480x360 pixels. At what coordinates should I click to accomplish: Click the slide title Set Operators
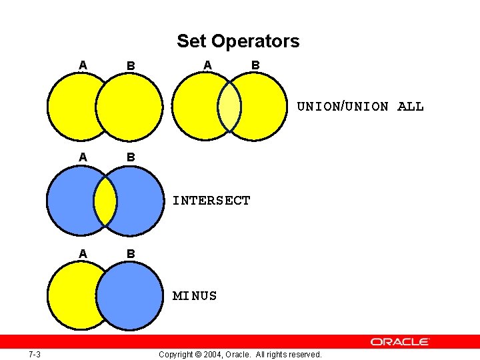coord(238,41)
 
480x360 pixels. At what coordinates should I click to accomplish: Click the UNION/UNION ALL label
coord(360,107)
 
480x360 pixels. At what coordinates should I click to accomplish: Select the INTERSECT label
coord(211,201)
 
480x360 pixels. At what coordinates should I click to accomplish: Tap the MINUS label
coord(195,295)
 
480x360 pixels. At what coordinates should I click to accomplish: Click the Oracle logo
coord(400,341)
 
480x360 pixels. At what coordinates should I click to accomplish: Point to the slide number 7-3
coord(35,354)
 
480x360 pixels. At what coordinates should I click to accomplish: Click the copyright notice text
coord(240,354)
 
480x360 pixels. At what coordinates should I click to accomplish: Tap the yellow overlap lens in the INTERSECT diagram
coord(105,201)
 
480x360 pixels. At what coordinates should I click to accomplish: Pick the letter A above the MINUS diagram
coord(82,253)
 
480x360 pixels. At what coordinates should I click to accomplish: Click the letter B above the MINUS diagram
coord(131,254)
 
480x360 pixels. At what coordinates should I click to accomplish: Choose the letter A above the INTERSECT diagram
coord(82,157)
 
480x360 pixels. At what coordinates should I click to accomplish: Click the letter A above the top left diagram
coord(82,65)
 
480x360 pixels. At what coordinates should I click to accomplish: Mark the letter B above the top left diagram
coord(131,66)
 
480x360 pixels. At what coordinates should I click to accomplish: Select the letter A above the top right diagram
coord(207,65)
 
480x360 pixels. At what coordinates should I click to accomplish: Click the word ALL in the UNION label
coord(410,107)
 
